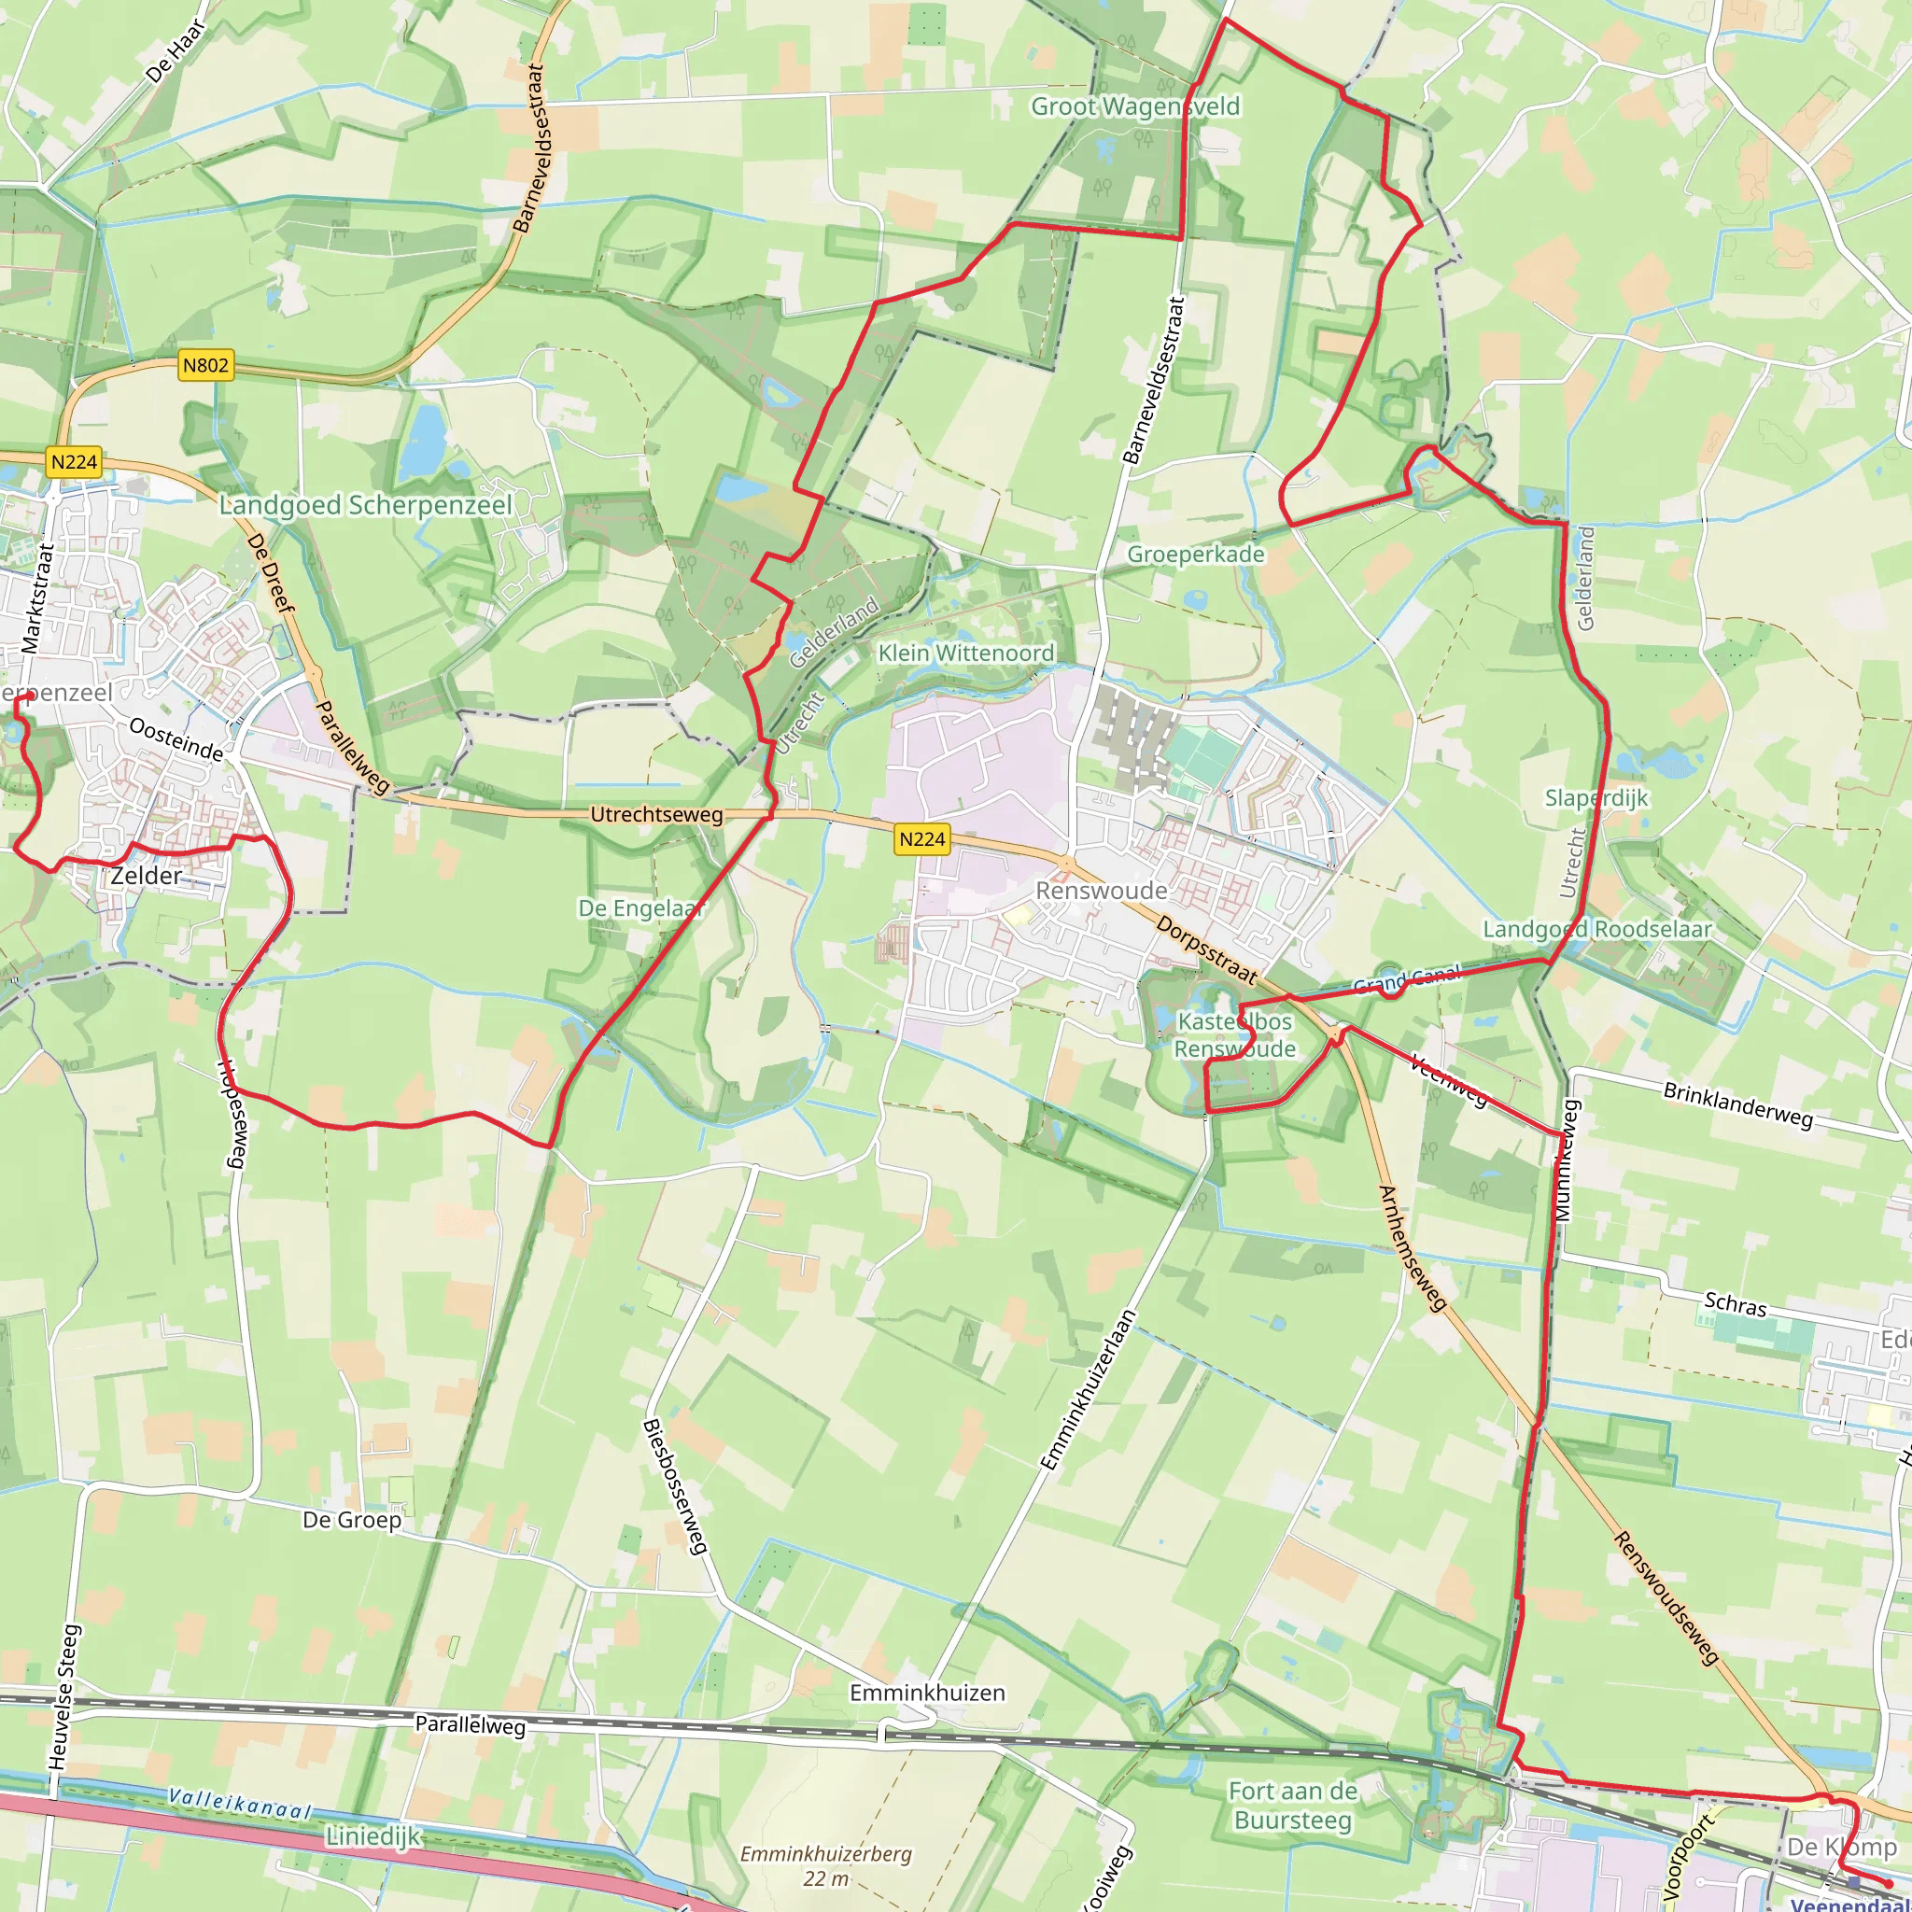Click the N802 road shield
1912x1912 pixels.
coord(205,365)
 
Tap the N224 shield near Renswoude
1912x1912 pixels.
coord(921,839)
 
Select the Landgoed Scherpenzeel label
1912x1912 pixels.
coord(365,506)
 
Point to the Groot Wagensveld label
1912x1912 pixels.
coord(1135,105)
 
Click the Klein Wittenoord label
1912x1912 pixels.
coord(966,654)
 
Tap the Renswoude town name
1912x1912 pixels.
coord(1101,891)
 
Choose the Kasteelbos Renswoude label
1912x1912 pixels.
coord(1234,1035)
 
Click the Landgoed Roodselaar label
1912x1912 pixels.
coord(1596,929)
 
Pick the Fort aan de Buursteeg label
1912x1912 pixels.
coord(1292,1806)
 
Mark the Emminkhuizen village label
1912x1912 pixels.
coord(927,1694)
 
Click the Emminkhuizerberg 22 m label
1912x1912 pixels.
coord(826,1865)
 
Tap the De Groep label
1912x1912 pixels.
coord(352,1520)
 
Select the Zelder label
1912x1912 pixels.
coord(147,876)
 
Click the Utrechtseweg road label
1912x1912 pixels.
coord(656,814)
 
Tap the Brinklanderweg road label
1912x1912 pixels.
coord(1737,1104)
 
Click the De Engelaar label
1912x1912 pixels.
coord(640,908)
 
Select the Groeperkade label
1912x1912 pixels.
coord(1196,555)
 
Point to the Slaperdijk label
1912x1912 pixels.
coord(1596,797)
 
